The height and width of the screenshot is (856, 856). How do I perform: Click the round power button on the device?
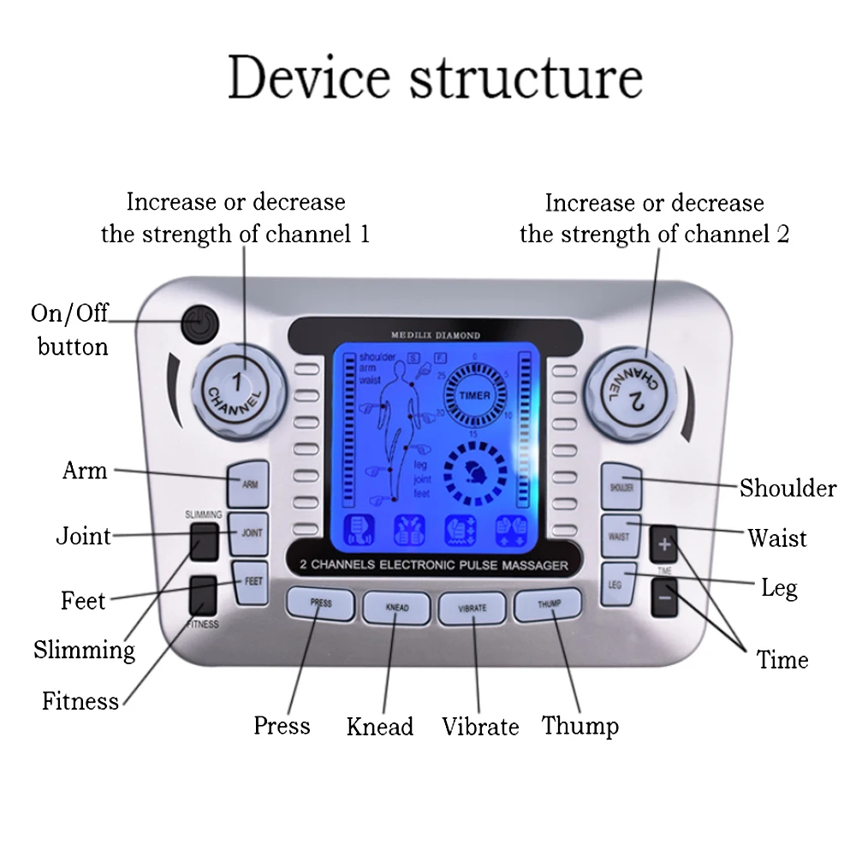point(199,325)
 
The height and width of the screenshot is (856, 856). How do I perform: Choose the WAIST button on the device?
point(619,537)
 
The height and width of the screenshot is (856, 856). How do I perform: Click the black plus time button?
point(664,544)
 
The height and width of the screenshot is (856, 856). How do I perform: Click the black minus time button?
point(664,597)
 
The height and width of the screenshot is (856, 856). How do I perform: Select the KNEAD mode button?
point(396,608)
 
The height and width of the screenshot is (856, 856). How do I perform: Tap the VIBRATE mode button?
point(472,608)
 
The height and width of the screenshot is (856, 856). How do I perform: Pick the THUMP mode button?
point(548,604)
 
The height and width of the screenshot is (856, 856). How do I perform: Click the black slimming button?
point(204,542)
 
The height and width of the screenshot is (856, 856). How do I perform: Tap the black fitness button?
point(204,594)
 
